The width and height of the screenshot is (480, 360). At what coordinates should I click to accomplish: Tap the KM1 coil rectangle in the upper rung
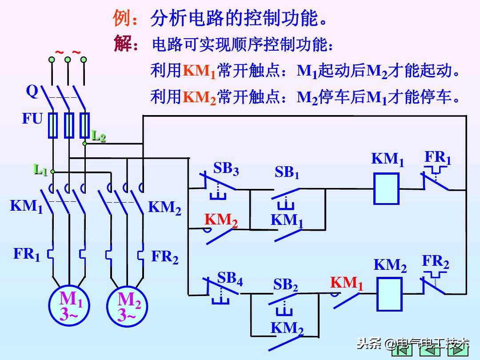386,188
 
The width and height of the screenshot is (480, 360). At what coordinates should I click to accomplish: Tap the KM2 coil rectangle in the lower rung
389,294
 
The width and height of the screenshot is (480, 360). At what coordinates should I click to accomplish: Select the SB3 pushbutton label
226,169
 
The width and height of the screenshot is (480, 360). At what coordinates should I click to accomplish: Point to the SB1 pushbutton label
287,172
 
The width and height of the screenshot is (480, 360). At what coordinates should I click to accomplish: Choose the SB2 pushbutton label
285,285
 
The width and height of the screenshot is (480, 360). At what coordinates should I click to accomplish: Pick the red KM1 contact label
347,284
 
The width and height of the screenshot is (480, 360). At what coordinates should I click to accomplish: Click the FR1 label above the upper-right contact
438,158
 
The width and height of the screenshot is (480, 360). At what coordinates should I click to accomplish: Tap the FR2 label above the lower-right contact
436,262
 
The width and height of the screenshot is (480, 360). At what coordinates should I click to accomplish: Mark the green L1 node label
41,170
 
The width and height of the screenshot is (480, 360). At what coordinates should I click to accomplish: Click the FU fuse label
32,119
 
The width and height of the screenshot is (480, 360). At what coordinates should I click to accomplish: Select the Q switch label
32,91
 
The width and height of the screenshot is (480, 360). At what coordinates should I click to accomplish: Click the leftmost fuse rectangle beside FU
53,125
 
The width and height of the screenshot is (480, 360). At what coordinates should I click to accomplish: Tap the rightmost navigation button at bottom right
459,351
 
